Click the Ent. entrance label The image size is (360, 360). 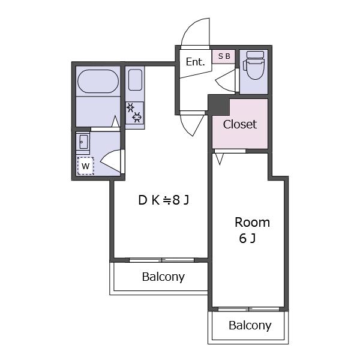click(195, 62)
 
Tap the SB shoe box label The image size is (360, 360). click(224, 56)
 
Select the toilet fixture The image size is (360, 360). click(254, 65)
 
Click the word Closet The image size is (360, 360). click(239, 124)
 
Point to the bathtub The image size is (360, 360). click(98, 81)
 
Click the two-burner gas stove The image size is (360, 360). click(134, 113)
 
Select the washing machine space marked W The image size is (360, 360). click(85, 166)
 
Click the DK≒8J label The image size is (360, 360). click(164, 200)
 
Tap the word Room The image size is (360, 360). click(252, 223)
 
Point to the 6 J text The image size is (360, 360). click(247, 238)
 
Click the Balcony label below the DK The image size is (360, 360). click(163, 277)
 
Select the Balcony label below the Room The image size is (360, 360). click(250, 325)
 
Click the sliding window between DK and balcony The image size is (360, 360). click(161, 260)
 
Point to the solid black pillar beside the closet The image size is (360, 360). click(218, 105)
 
